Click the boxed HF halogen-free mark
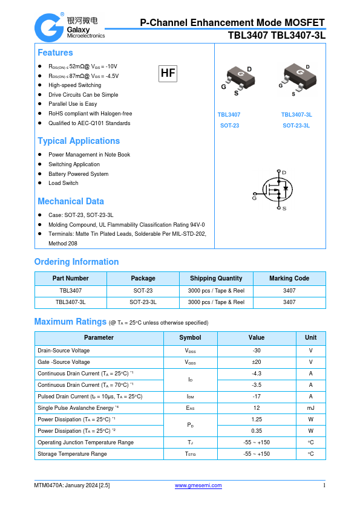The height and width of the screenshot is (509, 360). [x=168, y=74]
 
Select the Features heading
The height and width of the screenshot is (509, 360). [x=55, y=53]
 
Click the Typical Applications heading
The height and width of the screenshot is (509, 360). [x=79, y=141]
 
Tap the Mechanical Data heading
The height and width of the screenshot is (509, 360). [x=71, y=201]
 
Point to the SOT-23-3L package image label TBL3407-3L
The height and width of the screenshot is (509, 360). [x=296, y=114]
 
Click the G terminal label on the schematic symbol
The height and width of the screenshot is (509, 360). [x=254, y=197]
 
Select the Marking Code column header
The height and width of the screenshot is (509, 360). [x=289, y=278]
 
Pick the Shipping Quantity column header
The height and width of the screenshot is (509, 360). [x=216, y=278]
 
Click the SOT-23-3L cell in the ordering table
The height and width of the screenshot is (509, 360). [x=143, y=302]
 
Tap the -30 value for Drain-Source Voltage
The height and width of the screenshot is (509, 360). [x=257, y=351]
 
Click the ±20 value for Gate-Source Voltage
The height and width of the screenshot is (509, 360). [x=257, y=362]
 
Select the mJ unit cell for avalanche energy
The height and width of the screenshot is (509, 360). [x=310, y=408]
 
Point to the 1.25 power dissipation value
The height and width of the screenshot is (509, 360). [x=257, y=419]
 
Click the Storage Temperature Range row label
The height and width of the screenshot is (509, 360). [x=72, y=454]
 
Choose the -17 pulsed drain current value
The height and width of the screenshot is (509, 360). [x=257, y=397]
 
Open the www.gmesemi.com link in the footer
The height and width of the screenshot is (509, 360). [x=198, y=485]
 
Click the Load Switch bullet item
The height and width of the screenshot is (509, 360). [x=64, y=183]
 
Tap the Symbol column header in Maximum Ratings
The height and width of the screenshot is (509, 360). [x=190, y=337]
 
